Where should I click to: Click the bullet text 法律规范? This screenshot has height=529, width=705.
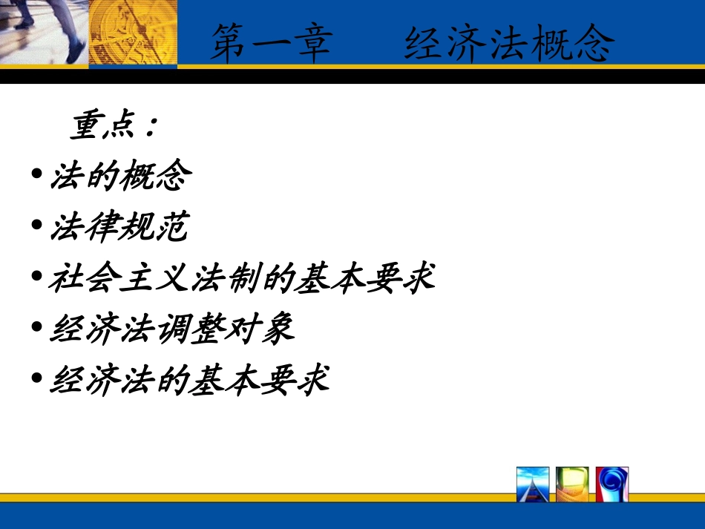click(x=119, y=228)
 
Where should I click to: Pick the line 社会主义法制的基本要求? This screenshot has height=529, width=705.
click(x=242, y=278)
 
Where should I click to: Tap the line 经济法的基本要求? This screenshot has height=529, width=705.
click(x=189, y=381)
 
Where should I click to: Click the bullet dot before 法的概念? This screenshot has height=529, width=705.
click(x=37, y=176)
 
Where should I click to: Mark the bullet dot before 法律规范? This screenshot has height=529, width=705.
click(x=37, y=227)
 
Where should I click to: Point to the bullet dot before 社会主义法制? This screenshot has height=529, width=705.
click(x=37, y=277)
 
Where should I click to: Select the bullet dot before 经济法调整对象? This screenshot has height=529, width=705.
click(x=37, y=329)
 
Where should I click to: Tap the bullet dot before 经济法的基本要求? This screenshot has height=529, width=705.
click(x=37, y=380)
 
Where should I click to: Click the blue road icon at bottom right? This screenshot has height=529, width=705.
click(x=533, y=484)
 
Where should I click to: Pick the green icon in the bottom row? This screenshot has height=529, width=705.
click(x=572, y=484)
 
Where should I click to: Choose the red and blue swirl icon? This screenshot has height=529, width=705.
click(x=612, y=484)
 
